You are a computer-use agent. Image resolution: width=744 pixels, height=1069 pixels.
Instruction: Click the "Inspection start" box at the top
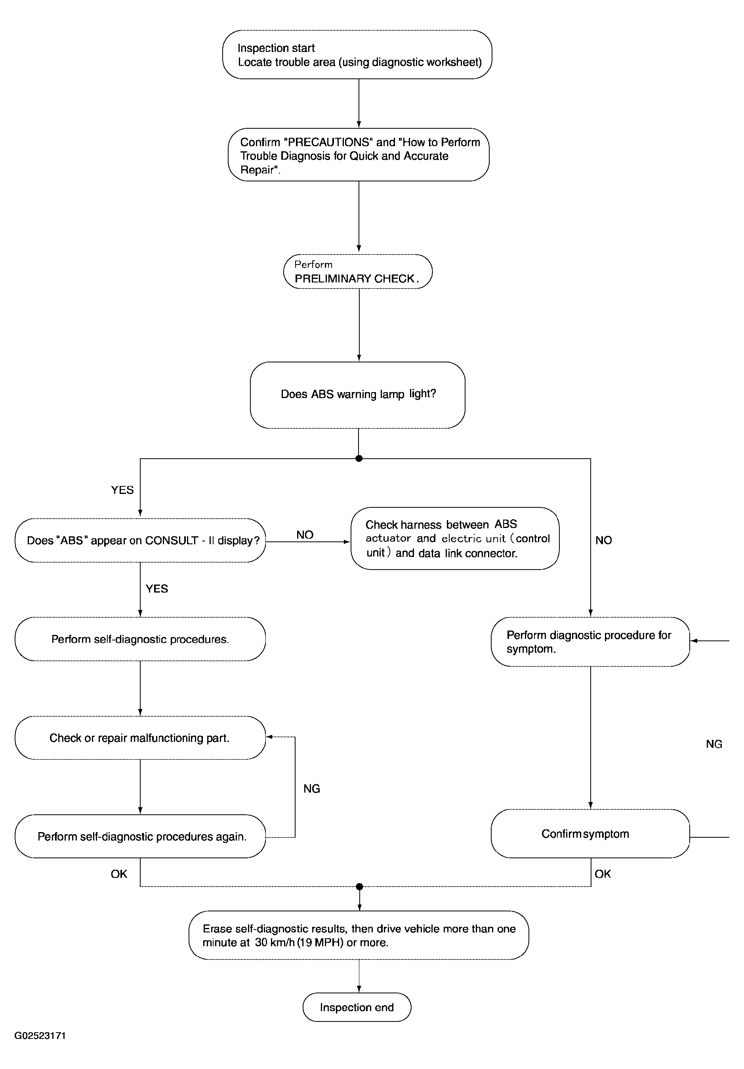[x=357, y=55]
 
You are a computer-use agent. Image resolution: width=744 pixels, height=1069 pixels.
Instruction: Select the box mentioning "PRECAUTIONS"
[x=359, y=154]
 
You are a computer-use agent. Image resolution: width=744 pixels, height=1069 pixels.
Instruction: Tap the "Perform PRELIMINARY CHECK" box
[x=358, y=271]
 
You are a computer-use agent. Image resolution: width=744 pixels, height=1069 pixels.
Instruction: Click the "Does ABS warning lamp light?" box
[x=358, y=395]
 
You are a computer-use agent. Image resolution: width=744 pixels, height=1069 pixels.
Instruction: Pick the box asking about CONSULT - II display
[x=140, y=540]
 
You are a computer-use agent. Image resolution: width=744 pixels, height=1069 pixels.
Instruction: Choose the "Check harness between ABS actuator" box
[x=455, y=538]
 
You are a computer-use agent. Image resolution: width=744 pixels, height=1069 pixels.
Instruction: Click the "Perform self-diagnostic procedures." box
[x=140, y=639]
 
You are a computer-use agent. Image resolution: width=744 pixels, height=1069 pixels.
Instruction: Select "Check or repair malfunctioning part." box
[x=140, y=738]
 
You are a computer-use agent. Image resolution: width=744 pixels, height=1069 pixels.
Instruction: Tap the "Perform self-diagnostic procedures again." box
[x=140, y=837]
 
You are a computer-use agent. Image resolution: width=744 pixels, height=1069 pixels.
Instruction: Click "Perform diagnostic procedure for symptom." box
[x=590, y=642]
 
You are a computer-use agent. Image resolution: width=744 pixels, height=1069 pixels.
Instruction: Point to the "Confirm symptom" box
[x=590, y=833]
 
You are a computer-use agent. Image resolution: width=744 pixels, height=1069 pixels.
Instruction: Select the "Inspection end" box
[x=357, y=1007]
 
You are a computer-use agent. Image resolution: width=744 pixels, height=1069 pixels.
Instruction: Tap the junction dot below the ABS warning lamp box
[x=359, y=459]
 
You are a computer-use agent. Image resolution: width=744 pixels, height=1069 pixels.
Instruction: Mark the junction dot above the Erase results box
[x=359, y=886]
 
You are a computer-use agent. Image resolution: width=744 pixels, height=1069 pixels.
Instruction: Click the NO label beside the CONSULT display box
[x=305, y=535]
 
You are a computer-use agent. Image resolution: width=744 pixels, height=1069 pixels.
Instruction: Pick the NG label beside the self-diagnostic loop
[x=312, y=788]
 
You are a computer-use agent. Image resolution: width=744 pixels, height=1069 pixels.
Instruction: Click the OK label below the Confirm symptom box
[x=603, y=874]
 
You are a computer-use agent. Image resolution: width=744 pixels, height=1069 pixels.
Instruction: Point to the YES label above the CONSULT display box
[x=122, y=490]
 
